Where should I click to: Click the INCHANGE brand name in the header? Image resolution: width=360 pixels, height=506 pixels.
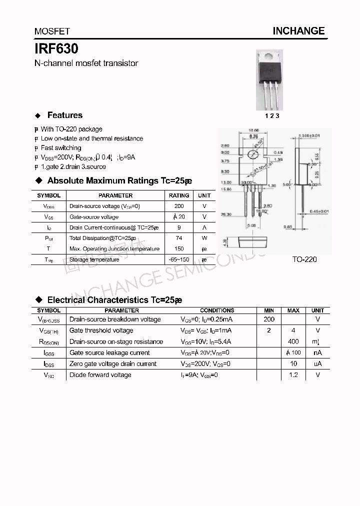click(x=298, y=31)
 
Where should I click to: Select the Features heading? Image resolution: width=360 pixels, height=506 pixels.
click(x=64, y=115)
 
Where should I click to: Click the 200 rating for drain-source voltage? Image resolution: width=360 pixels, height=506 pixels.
click(x=179, y=206)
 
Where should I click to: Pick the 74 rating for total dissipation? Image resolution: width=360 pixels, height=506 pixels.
click(x=179, y=238)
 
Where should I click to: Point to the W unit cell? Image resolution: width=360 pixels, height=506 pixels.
click(x=204, y=238)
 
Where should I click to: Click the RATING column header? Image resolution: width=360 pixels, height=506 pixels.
click(x=179, y=195)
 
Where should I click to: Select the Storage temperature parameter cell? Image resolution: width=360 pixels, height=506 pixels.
click(x=94, y=259)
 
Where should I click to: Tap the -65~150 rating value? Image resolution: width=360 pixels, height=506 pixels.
click(x=179, y=259)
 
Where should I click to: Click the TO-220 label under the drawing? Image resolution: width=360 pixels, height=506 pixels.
click(x=304, y=259)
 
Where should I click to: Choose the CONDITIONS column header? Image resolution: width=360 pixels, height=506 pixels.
click(x=217, y=310)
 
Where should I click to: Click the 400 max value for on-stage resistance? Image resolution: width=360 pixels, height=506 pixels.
click(x=293, y=341)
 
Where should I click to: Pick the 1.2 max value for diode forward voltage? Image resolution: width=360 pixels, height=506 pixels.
click(x=293, y=374)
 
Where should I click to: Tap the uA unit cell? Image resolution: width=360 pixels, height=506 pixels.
click(x=317, y=363)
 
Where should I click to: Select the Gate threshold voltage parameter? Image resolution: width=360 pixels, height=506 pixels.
click(x=101, y=330)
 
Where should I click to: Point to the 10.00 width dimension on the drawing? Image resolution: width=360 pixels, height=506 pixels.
click(x=253, y=131)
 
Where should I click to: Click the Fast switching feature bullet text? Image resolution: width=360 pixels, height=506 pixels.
click(x=60, y=147)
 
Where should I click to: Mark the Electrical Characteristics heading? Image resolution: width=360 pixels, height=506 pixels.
click(x=114, y=300)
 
